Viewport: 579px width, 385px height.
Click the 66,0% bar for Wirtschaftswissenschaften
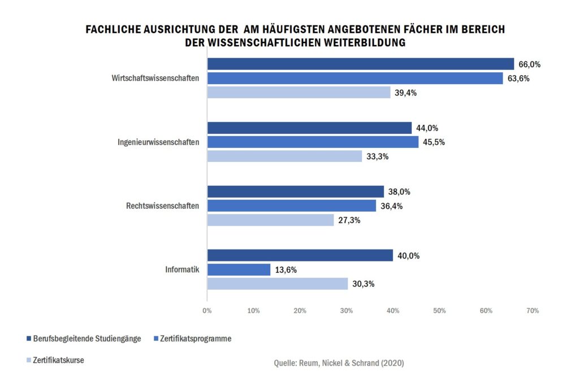tap(360, 64)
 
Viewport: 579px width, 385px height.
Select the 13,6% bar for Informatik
tap(239, 270)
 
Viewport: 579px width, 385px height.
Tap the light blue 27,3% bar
tap(270, 220)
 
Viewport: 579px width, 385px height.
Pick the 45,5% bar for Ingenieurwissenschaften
tap(313, 142)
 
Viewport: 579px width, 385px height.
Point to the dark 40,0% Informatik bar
tap(300, 256)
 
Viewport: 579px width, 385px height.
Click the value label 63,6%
tap(518, 78)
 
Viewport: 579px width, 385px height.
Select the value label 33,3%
tap(378, 157)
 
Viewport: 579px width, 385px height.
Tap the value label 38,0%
tap(399, 192)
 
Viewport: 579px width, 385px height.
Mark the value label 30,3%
tap(363, 285)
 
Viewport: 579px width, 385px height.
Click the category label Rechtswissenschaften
tap(162, 206)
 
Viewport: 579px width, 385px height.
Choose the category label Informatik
tap(182, 270)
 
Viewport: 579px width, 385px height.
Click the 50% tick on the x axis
tap(439, 310)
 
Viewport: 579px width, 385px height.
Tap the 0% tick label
tap(207, 310)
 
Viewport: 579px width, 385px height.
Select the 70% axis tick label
tap(532, 310)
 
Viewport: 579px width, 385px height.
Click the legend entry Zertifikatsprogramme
tap(196, 339)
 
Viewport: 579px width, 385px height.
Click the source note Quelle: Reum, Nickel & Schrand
tap(339, 363)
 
